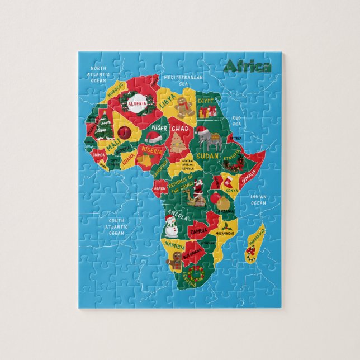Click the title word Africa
247,67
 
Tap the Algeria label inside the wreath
137,103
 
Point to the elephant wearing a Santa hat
207,137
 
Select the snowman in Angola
172,226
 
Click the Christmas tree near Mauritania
103,126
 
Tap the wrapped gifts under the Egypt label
208,112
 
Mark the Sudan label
208,155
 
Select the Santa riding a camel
197,191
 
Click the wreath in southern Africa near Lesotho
195,273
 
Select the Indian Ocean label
258,200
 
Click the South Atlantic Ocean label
116,227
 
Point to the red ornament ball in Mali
123,132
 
